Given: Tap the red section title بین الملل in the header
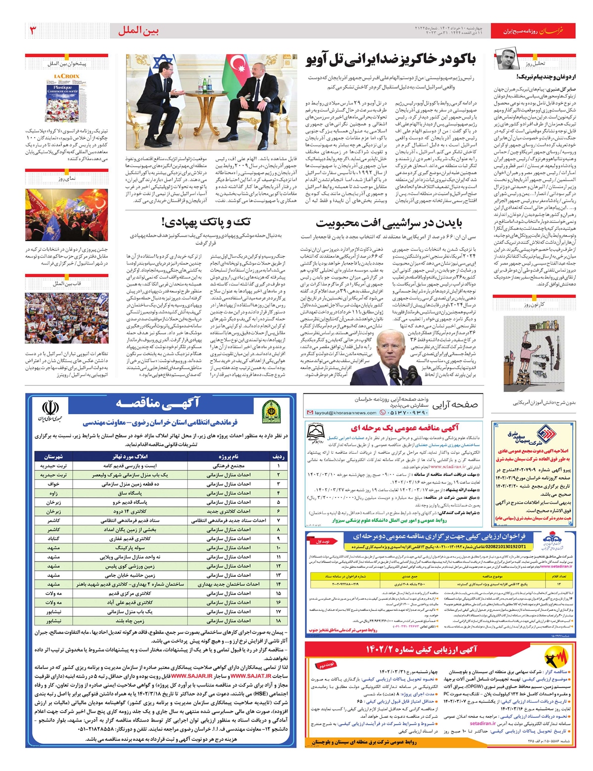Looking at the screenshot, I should (138, 31).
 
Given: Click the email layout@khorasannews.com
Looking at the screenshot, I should (346, 413).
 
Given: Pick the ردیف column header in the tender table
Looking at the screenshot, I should (278, 457).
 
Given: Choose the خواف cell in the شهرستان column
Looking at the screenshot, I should (54, 484).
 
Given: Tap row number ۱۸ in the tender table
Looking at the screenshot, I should (278, 620).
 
